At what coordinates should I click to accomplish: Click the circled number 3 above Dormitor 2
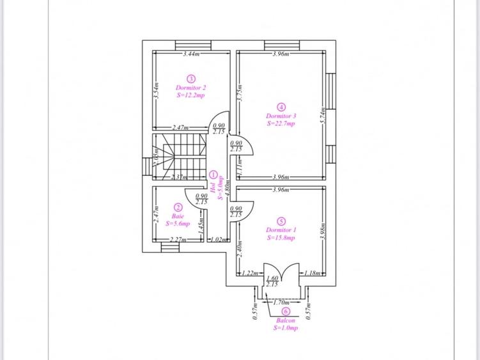coord(190,78)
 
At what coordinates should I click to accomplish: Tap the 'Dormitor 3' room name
coord(281,116)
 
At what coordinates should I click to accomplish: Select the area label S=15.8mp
coord(281,238)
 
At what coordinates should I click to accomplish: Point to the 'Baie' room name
coord(178,216)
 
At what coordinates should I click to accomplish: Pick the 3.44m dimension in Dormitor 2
coord(190,54)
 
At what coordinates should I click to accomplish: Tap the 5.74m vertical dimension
coord(323,115)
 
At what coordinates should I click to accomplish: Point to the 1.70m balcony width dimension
coord(281,301)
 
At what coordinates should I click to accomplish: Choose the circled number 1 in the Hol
coord(213,175)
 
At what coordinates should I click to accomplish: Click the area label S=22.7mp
coord(281,124)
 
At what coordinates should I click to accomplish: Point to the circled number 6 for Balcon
coord(285,311)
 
